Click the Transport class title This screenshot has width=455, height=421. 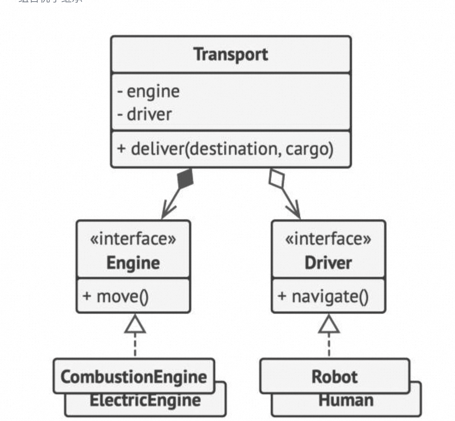pos(231,54)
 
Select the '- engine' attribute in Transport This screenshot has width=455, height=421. pos(148,91)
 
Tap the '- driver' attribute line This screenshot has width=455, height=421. pos(144,114)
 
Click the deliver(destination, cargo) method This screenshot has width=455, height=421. pos(225,149)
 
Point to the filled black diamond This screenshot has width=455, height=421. pos(185,179)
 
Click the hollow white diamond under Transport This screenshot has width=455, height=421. pos(277,179)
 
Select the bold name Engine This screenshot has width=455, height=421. pos(133,263)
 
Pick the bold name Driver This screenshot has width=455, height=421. pos(328,263)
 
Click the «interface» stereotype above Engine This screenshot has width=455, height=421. pos(133,239)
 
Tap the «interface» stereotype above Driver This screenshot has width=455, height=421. pos(328,239)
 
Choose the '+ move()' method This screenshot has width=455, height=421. pos(116,296)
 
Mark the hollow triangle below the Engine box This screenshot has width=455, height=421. pos(135,324)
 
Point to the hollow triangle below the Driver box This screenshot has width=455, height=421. pos(329,324)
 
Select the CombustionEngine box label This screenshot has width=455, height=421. pos(134,377)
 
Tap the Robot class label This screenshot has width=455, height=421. pos(334,377)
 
